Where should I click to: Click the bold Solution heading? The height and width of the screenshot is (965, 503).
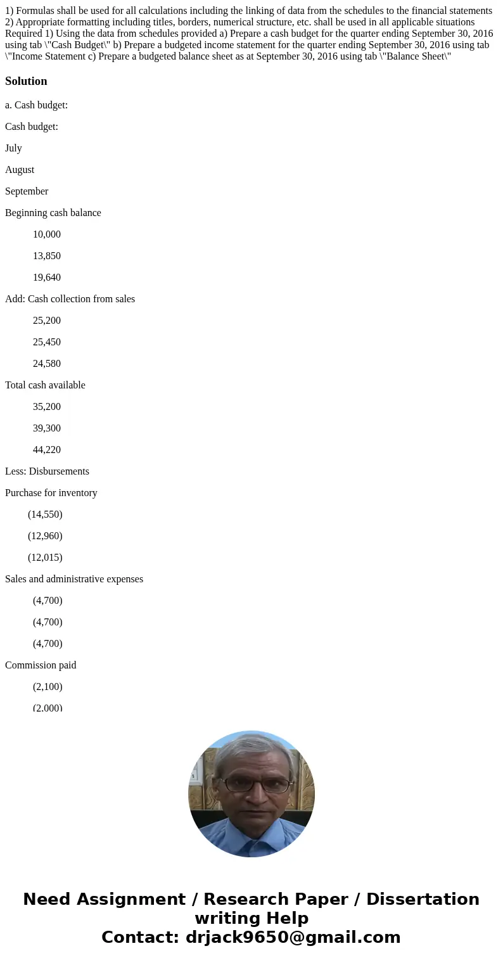pyautogui.click(x=26, y=81)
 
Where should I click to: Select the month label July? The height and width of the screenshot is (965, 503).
pyautogui.click(x=13, y=148)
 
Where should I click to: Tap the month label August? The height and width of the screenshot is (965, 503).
pyautogui.click(x=20, y=170)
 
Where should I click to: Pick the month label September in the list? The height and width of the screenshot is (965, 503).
pyautogui.click(x=27, y=191)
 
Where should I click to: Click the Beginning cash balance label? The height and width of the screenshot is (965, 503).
pyautogui.click(x=53, y=213)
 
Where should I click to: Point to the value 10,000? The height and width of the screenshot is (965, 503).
pyautogui.click(x=47, y=234)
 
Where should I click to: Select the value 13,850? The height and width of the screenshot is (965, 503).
pyautogui.click(x=47, y=256)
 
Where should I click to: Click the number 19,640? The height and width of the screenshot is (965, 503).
pyautogui.click(x=47, y=278)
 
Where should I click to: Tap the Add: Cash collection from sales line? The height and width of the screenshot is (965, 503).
pyautogui.click(x=70, y=299)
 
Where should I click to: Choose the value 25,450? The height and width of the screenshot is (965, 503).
pyautogui.click(x=47, y=342)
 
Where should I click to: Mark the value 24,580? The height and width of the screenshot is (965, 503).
pyautogui.click(x=47, y=364)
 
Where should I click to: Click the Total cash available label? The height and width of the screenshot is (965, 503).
pyautogui.click(x=45, y=385)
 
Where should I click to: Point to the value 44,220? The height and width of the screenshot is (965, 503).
pyautogui.click(x=47, y=450)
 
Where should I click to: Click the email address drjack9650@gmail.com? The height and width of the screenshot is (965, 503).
pyautogui.click(x=293, y=937)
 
